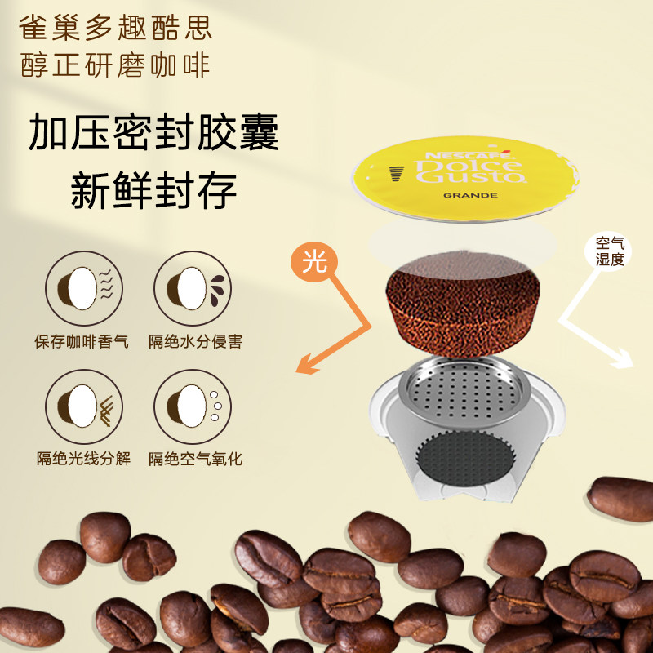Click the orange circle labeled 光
(314, 261)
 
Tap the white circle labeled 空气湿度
(607, 251)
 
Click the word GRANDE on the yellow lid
(470, 195)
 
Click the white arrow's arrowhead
(623, 359)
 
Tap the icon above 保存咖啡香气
(84, 288)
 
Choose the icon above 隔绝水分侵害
(193, 288)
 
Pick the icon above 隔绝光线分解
(84, 406)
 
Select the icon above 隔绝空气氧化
(193, 406)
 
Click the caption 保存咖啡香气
(82, 341)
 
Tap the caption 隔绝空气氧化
(195, 459)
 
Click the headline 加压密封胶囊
(153, 132)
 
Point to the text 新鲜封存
(153, 191)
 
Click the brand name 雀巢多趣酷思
(115, 28)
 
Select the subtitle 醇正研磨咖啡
(115, 65)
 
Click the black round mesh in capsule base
(466, 458)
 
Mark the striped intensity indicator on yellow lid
(397, 173)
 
